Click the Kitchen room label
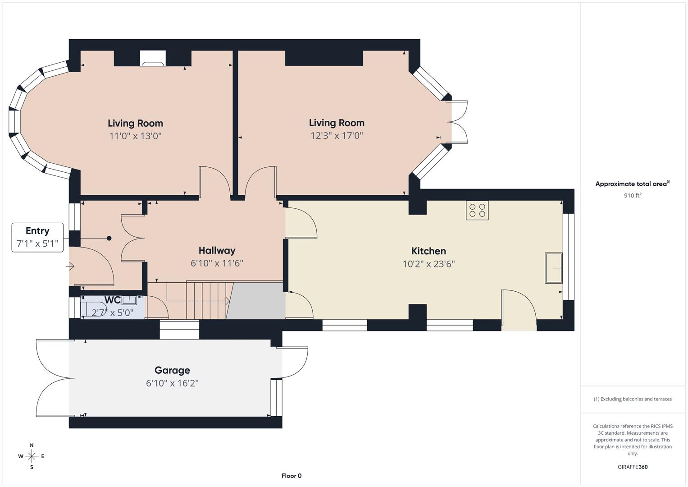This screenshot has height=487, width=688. point(428,251)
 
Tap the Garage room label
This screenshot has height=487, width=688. point(172,370)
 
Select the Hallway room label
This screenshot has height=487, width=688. point(217,250)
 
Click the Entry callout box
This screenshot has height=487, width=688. point(37,237)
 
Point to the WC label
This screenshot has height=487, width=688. point(112,300)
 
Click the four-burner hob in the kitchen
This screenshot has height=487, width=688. point(477,210)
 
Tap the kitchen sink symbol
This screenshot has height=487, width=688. point(554,268)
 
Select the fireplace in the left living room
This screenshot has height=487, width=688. point(153,59)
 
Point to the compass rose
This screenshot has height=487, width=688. point(32,456)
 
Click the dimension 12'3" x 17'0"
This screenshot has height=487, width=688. point(337,136)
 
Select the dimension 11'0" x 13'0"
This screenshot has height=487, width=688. point(135,136)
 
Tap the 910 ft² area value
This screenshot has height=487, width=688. point(633,196)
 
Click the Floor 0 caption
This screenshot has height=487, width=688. point(292,476)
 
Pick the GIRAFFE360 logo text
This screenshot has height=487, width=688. point(633,467)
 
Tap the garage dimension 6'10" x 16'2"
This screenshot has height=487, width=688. point(172,383)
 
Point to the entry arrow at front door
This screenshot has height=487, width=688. point(70,266)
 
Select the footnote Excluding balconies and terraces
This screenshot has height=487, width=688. point(633,399)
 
